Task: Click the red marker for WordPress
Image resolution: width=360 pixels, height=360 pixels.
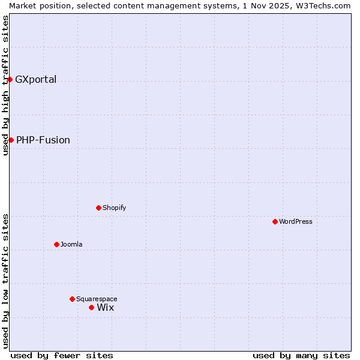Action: point(275,221)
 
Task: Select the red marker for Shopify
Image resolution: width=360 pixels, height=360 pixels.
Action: point(99,208)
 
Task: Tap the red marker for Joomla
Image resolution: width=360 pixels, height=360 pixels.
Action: point(57,244)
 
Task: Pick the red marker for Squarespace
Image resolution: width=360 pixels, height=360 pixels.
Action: point(73,299)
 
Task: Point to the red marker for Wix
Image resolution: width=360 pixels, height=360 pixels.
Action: point(92,307)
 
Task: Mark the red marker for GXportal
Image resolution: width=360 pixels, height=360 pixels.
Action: point(10,79)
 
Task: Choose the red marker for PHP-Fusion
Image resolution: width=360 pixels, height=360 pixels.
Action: point(11,140)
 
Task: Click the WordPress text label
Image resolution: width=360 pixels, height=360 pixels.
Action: point(296,221)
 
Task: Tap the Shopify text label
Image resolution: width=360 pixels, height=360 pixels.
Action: point(114,208)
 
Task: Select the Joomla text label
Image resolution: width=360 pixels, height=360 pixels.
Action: point(71,244)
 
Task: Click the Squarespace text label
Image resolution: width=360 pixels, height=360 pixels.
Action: point(97,299)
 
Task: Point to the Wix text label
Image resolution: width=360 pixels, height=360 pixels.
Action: point(106,307)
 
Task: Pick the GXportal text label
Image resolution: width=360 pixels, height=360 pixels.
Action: point(36,79)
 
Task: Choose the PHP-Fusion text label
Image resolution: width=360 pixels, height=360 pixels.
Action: point(43,140)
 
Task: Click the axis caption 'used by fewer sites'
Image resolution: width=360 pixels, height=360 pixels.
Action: point(62,355)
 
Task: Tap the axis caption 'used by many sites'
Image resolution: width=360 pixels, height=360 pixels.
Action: point(301,355)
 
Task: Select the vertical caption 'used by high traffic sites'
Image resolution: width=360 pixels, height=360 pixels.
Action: point(5,85)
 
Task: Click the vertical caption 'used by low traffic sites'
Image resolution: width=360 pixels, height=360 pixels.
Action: point(5,281)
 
